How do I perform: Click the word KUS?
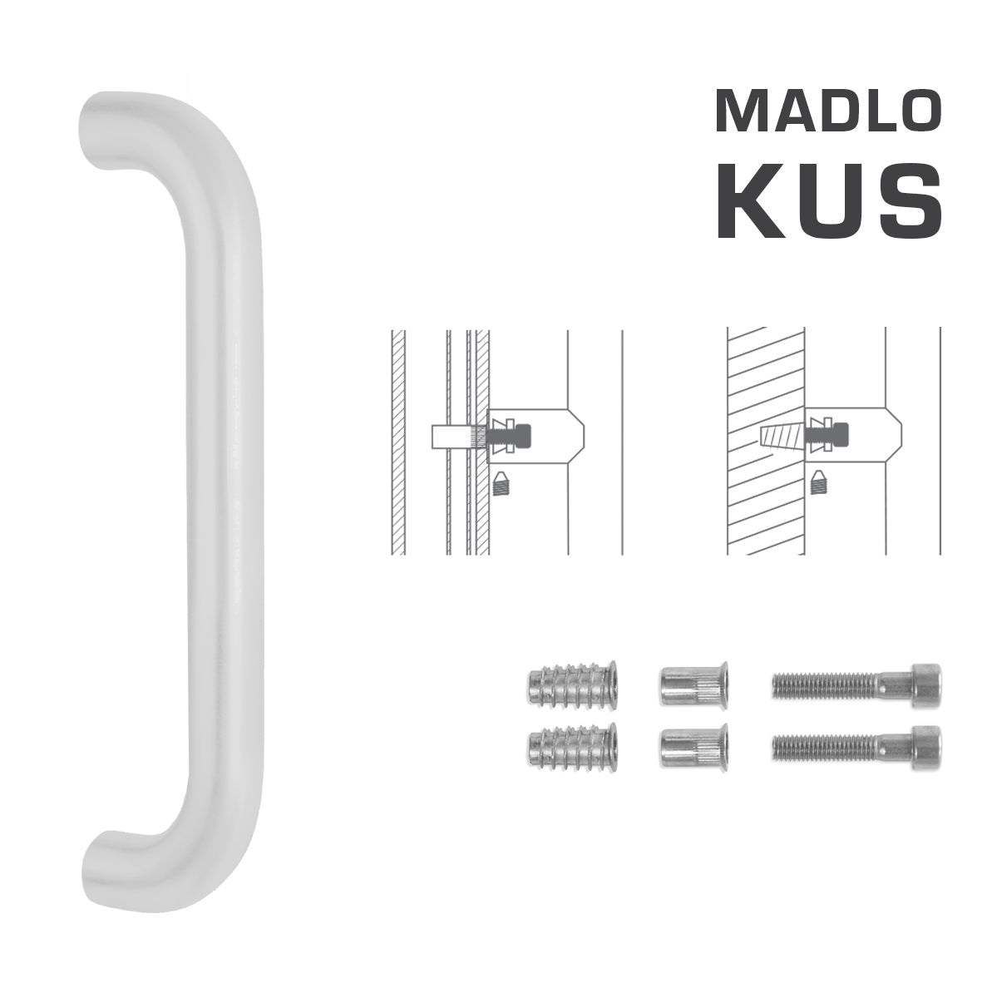point(829,201)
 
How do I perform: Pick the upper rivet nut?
point(693,685)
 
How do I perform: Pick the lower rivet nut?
point(693,744)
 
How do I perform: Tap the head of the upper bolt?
point(925,685)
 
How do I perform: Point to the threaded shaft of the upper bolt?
point(823,685)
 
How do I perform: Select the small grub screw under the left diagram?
point(500,482)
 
